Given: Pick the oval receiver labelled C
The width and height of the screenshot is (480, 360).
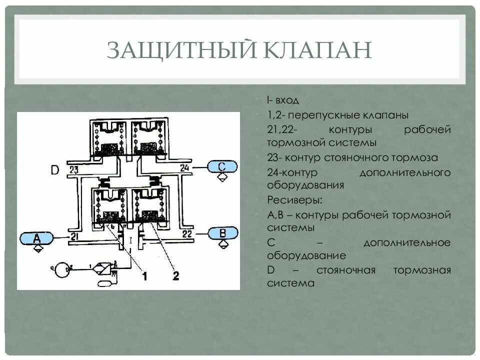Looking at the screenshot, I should [222, 167].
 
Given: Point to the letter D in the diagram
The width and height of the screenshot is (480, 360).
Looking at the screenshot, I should [55, 170].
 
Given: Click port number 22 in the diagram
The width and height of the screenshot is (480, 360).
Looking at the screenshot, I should [187, 233].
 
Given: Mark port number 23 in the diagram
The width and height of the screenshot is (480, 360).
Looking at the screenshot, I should [73, 169].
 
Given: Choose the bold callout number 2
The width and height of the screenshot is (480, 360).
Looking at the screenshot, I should [175, 275].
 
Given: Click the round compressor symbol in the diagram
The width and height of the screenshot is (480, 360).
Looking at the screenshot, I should [63, 270].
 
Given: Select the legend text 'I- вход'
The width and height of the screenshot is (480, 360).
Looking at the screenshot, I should [283, 101].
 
